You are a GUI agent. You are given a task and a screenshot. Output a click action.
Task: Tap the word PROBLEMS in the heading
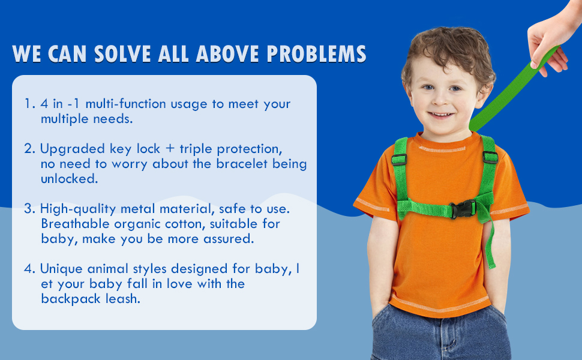(317, 54)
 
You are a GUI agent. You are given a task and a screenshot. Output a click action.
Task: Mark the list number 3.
(29, 209)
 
